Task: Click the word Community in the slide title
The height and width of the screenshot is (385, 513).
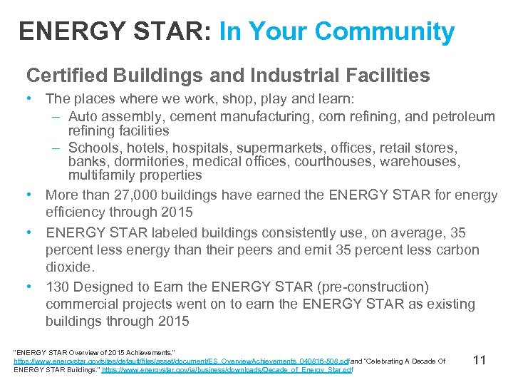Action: coord(384,31)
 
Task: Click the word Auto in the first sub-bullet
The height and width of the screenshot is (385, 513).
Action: coord(83,116)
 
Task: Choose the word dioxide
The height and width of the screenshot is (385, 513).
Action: coord(69,267)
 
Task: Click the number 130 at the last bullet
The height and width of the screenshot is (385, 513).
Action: coord(58,287)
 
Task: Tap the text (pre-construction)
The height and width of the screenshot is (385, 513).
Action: coord(368,287)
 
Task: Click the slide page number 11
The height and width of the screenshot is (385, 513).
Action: coord(479,360)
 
